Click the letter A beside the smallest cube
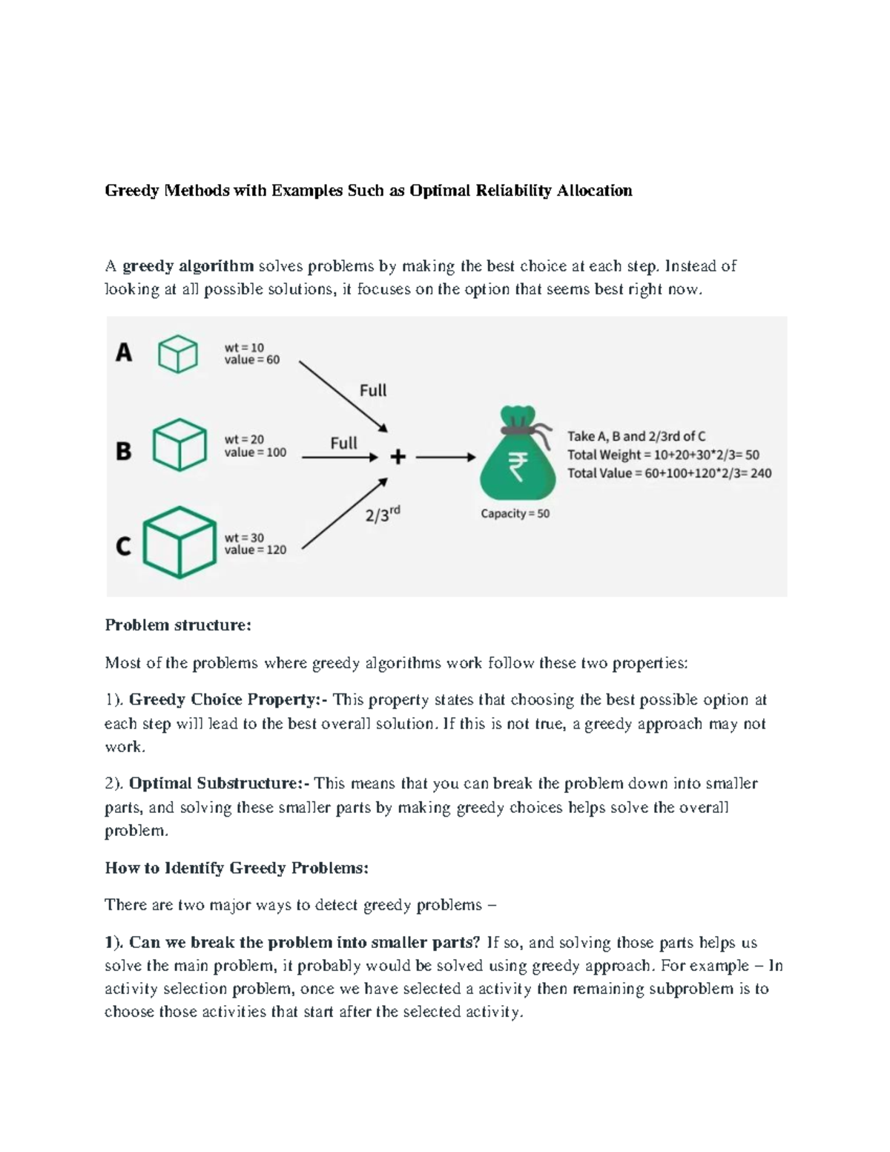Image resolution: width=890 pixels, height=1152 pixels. tap(124, 352)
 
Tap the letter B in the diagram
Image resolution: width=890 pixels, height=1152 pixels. tap(124, 450)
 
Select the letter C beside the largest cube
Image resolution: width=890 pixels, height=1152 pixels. tap(123, 547)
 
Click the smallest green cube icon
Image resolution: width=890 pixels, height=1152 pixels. tap(178, 353)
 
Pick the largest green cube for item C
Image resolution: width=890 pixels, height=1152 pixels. tap(179, 542)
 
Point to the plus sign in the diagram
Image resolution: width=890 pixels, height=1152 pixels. tap(398, 458)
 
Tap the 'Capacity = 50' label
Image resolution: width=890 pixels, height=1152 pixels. tap(515, 513)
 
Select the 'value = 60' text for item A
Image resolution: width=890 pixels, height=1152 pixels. tap(252, 360)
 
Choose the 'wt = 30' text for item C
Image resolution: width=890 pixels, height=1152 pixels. tap(244, 538)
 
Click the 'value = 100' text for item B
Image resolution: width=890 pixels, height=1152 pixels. tap(255, 452)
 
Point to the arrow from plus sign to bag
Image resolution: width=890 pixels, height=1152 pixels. tap(445, 458)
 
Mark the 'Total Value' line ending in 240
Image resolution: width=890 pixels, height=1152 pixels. tap(669, 473)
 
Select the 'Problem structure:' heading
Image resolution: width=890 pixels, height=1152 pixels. tap(178, 625)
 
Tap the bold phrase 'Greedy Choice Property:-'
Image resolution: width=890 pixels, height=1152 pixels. tap(228, 700)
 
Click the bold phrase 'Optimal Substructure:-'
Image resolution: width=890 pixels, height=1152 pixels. tap(220, 783)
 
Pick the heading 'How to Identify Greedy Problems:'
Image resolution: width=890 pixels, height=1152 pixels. tap(237, 868)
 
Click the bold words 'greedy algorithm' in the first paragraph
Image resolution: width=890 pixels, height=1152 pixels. tap(188, 266)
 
